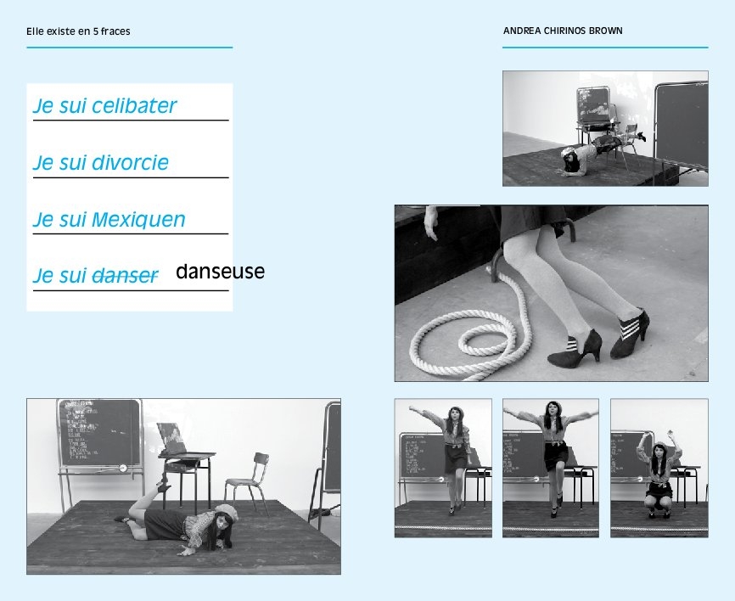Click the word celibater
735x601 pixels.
coord(134,105)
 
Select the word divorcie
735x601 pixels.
coord(130,163)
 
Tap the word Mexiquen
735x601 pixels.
coord(138,219)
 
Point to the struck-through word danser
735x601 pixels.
coord(125,276)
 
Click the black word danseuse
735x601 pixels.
coord(221,271)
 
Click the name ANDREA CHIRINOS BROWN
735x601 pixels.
coord(563,31)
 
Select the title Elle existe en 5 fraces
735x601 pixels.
coord(78,31)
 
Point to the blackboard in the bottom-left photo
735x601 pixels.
coord(99,434)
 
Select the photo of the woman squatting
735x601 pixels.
coord(659,468)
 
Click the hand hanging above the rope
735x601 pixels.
coord(431,223)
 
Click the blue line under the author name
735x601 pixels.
coord(605,48)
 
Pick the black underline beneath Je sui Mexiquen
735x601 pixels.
coord(131,233)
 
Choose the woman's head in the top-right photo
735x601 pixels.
coord(570,160)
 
